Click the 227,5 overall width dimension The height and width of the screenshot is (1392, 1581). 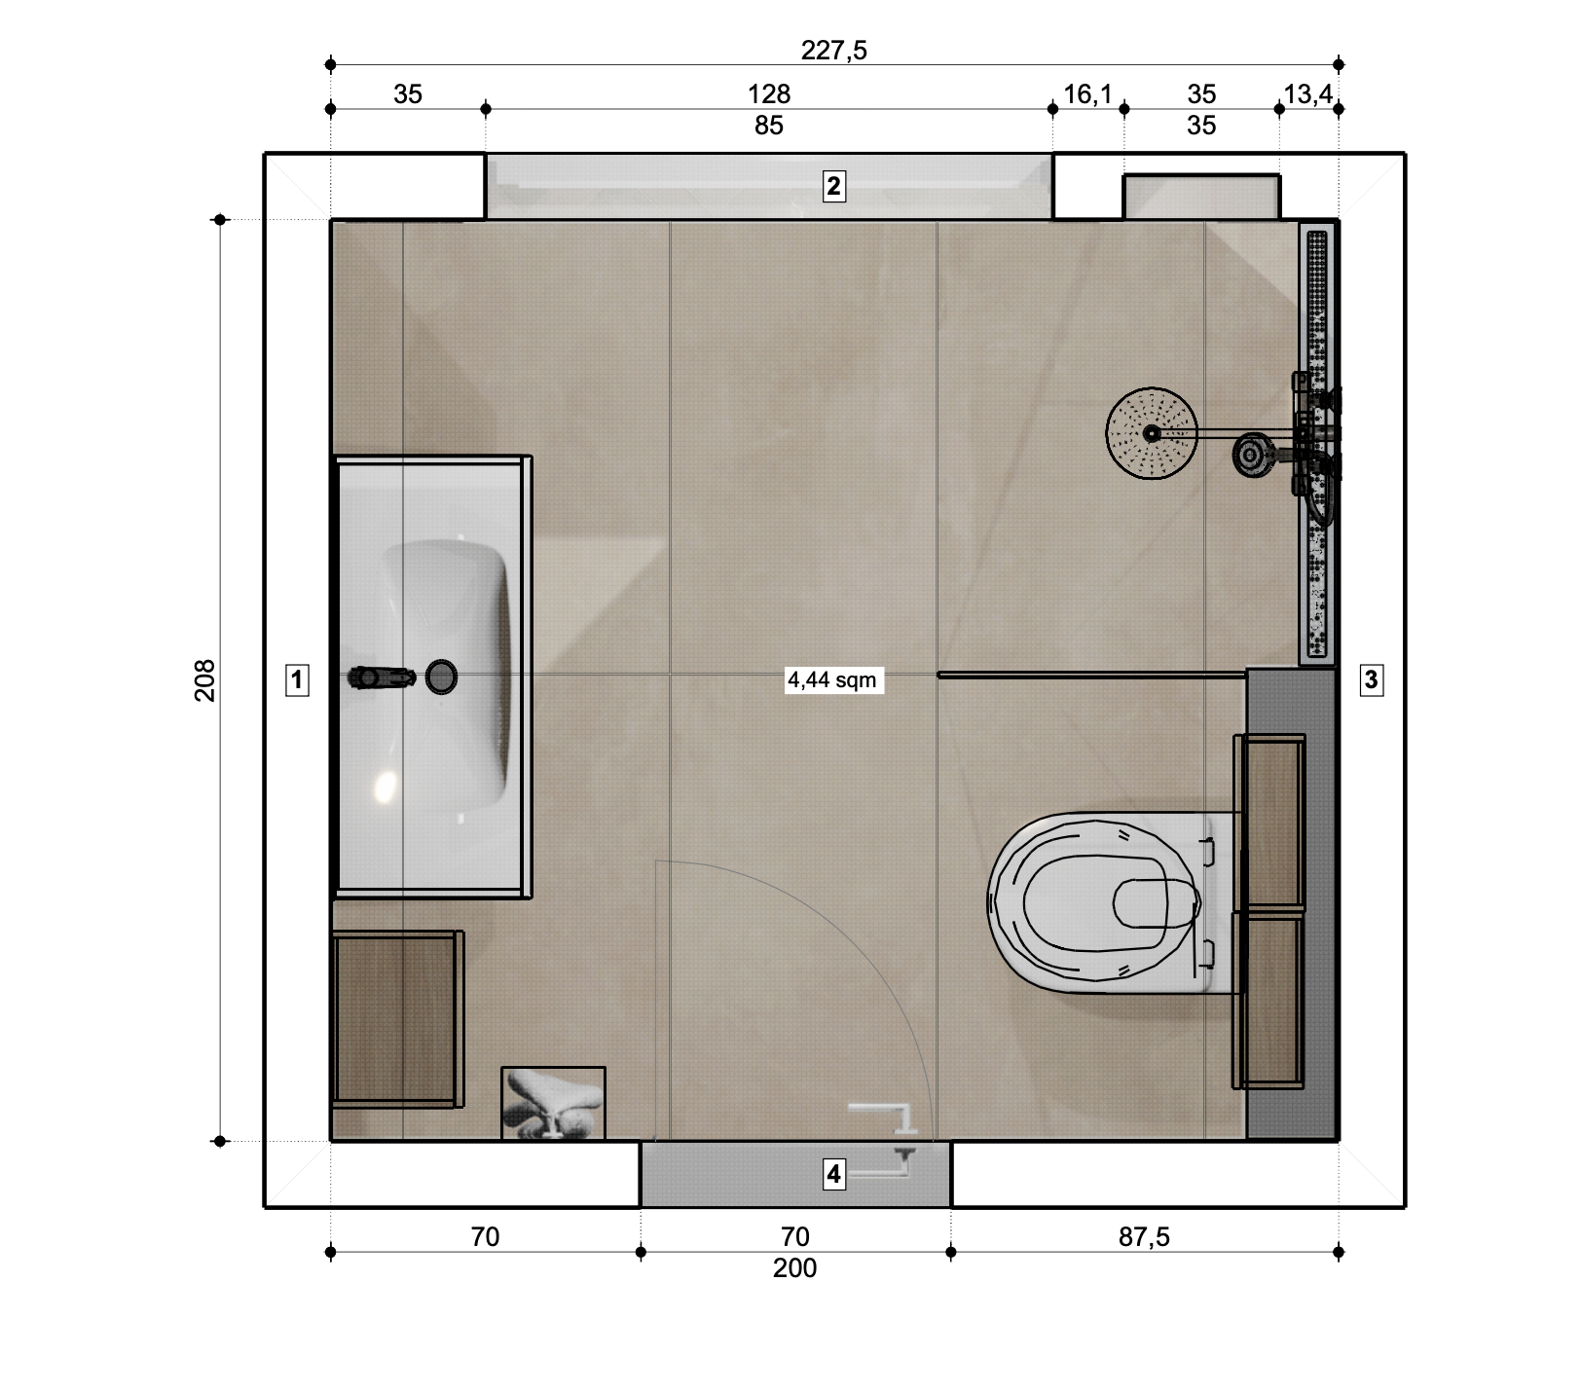tap(833, 51)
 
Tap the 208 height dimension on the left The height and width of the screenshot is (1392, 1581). tap(205, 679)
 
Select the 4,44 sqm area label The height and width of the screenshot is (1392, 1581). tap(832, 679)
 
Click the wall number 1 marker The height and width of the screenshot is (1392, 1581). tap(297, 679)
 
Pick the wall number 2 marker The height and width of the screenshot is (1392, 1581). tap(833, 186)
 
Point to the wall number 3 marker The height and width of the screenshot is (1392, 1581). tap(1371, 679)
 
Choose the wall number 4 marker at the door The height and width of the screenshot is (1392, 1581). tap(833, 1174)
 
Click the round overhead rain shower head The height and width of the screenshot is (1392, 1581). tap(1152, 433)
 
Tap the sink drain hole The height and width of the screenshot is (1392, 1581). tap(441, 676)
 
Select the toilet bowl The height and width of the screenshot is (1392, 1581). tap(1094, 902)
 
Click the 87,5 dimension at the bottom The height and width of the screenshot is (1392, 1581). tap(1144, 1237)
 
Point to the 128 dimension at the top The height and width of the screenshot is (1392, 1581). tap(769, 94)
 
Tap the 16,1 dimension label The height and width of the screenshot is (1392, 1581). tap(1087, 94)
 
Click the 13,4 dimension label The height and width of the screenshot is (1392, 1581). tap(1307, 94)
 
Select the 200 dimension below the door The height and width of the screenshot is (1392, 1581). tap(794, 1268)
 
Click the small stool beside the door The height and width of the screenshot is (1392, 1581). tap(553, 1103)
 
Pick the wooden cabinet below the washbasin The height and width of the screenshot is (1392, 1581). tap(397, 1019)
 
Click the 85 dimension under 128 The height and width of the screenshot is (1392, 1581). tap(769, 126)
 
